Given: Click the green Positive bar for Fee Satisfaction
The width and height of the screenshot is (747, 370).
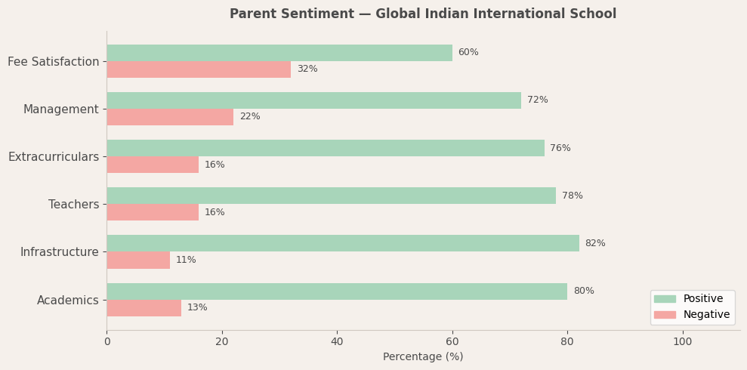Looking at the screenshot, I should coord(279,53).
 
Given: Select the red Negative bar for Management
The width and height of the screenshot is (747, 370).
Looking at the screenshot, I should coord(170,117).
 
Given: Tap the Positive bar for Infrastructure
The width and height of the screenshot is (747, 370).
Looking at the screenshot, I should coord(343,243).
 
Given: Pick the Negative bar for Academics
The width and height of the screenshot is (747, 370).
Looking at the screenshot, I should coord(144,308).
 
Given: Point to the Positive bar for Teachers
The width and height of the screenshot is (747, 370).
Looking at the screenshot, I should coord(331,196).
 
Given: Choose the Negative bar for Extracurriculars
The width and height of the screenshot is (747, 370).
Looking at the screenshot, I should coord(153,165).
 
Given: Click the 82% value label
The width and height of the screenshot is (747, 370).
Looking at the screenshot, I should coord(595,243).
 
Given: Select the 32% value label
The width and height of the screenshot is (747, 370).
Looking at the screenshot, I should coord(307,69).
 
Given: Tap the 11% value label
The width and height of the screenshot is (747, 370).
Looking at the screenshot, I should coord(186,261).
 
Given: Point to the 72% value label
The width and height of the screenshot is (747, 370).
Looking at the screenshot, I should coord(538,100).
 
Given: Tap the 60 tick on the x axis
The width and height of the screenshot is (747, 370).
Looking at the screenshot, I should coord(452,341).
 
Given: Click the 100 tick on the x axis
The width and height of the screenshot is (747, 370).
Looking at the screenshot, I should coord(683,341).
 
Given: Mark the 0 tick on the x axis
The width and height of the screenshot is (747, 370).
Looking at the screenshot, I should coord(106,341).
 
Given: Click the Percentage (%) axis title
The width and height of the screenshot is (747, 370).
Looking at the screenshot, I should coord(423,357).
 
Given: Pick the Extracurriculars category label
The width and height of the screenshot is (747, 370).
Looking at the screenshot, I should coord(54,157).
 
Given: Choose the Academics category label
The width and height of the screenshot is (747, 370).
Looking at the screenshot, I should coord(68,301).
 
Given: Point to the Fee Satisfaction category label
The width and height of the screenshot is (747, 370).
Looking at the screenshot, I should coord(54,62).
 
